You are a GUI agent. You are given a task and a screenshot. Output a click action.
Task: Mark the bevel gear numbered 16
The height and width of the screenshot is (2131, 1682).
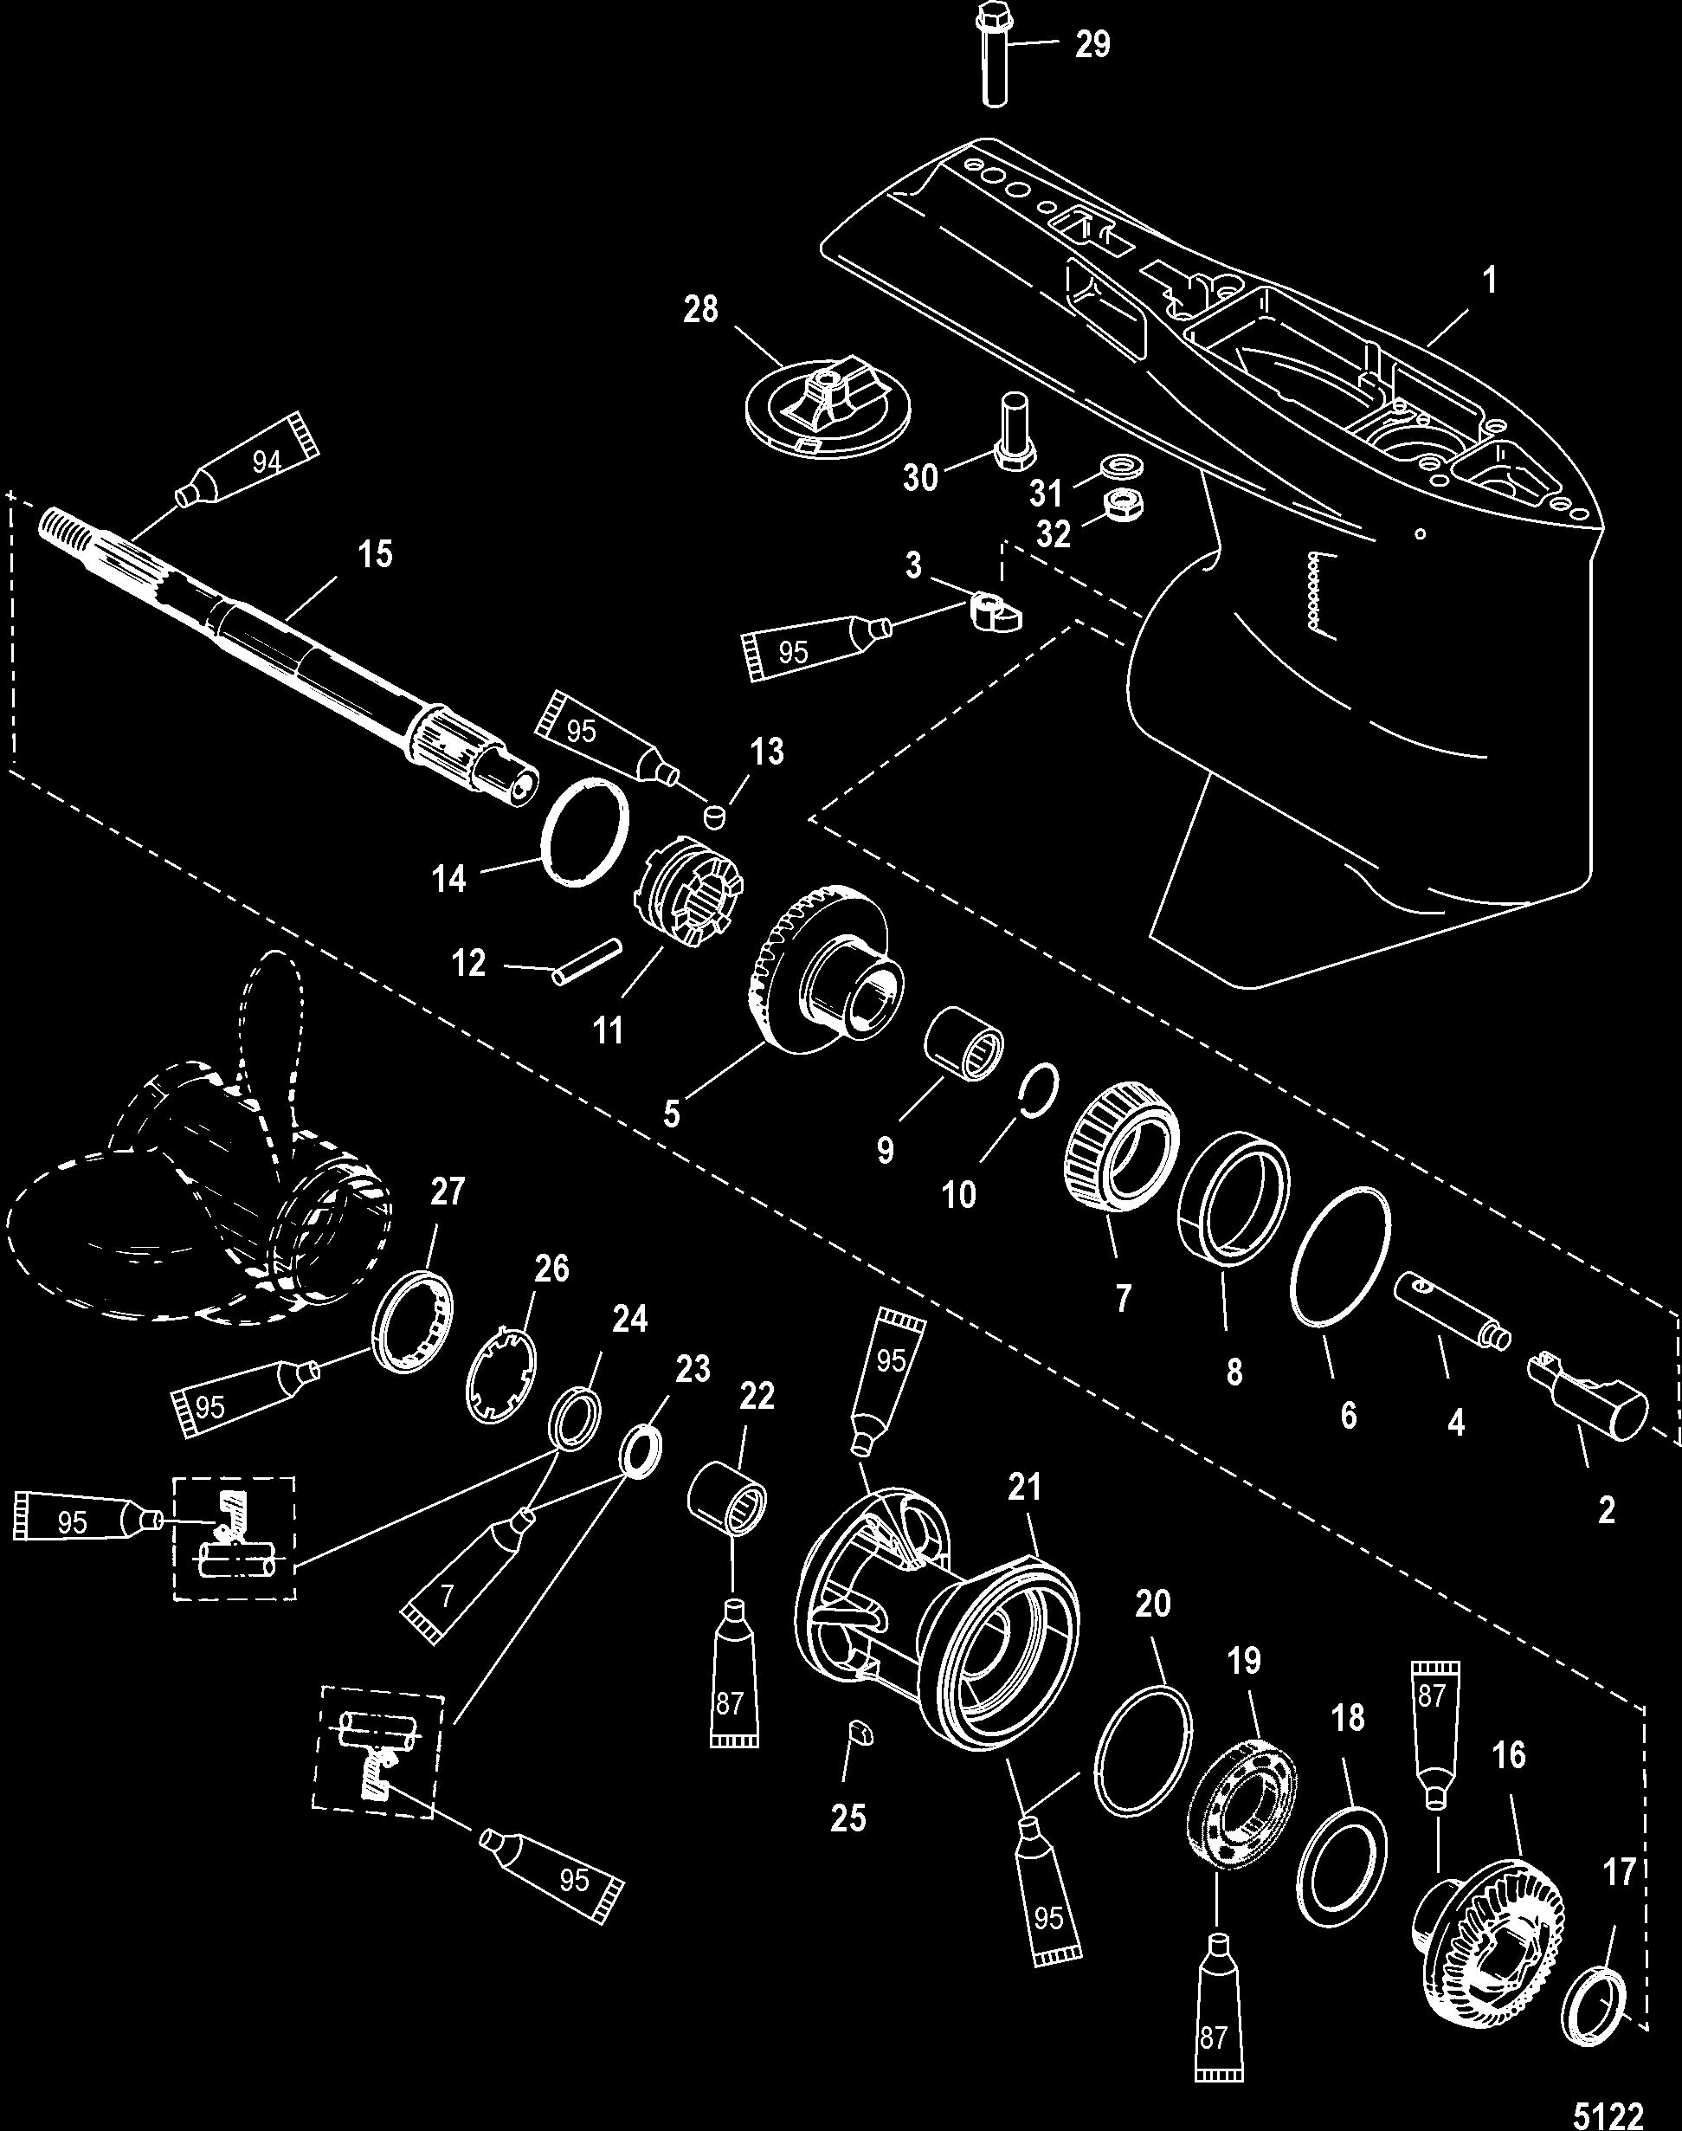[x=1488, y=1925]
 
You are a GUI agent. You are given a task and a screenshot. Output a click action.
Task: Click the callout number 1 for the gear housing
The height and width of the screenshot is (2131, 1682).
[x=1490, y=281]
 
